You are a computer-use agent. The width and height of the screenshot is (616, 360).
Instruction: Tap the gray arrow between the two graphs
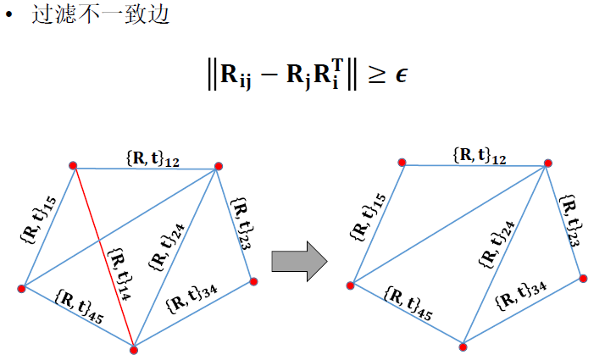[299, 258]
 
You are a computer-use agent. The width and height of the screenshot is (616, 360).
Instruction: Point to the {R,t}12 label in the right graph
[480, 155]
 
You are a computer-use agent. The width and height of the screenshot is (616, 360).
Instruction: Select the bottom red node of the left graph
[133, 347]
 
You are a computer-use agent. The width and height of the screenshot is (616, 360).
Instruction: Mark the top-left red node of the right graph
[402, 163]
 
